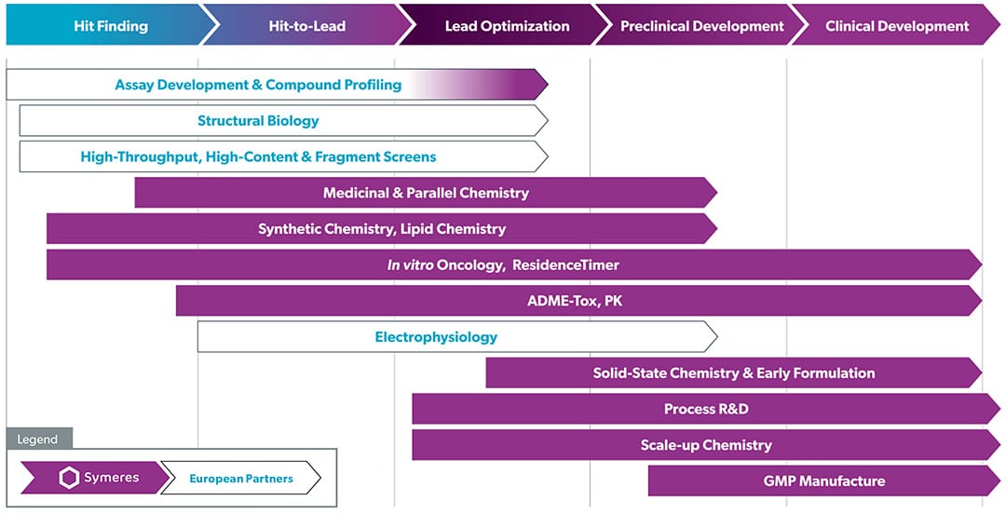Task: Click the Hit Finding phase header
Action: click(x=111, y=26)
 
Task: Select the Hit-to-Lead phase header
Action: click(x=307, y=26)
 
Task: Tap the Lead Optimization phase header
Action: click(x=507, y=26)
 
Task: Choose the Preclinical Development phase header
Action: click(x=702, y=26)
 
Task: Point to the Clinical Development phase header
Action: click(x=897, y=26)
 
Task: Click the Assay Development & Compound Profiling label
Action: click(x=258, y=85)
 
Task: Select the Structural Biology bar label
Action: click(x=258, y=121)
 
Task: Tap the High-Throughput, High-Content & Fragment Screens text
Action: click(x=258, y=156)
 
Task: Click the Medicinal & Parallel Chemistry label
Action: click(x=426, y=193)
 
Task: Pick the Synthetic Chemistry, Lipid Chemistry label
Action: click(x=382, y=228)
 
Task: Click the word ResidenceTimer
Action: click(x=565, y=264)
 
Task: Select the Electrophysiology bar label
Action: click(x=436, y=336)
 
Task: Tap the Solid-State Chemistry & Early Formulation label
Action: click(x=734, y=372)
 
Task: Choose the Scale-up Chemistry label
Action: click(x=706, y=445)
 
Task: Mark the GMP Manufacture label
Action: click(x=823, y=480)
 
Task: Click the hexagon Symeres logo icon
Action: click(x=69, y=479)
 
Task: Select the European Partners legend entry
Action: click(x=241, y=479)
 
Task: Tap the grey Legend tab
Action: click(x=39, y=439)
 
